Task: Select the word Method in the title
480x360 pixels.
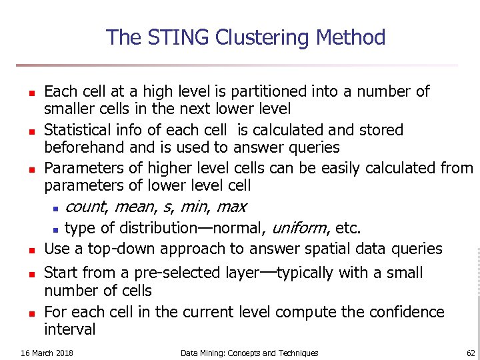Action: pyautogui.click(x=351, y=37)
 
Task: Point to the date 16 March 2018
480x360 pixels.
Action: pyautogui.click(x=47, y=353)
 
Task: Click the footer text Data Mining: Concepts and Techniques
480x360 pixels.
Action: pyautogui.click(x=249, y=353)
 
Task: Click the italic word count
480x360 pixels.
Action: pyautogui.click(x=89, y=207)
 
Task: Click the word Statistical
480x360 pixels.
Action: pyautogui.click(x=79, y=129)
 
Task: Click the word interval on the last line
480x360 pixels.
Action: pyautogui.click(x=70, y=329)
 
